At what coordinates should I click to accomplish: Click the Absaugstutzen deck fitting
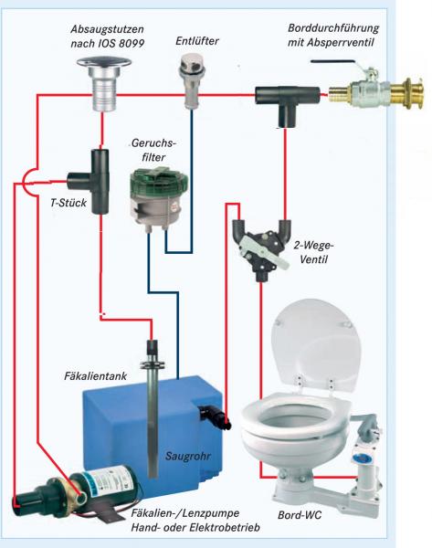pos(104,83)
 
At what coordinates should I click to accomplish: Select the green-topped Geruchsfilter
pos(159,198)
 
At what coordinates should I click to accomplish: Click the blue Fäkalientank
pos(153,432)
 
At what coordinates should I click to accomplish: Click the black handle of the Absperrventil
pos(333,62)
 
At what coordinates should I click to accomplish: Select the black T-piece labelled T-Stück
pos(91,182)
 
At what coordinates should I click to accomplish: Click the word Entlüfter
pos(197,41)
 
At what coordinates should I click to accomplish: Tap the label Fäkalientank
pos(95,376)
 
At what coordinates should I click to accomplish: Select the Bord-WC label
pos(300,515)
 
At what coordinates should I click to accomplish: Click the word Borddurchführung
pos(333,27)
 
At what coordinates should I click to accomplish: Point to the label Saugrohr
pos(188,456)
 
